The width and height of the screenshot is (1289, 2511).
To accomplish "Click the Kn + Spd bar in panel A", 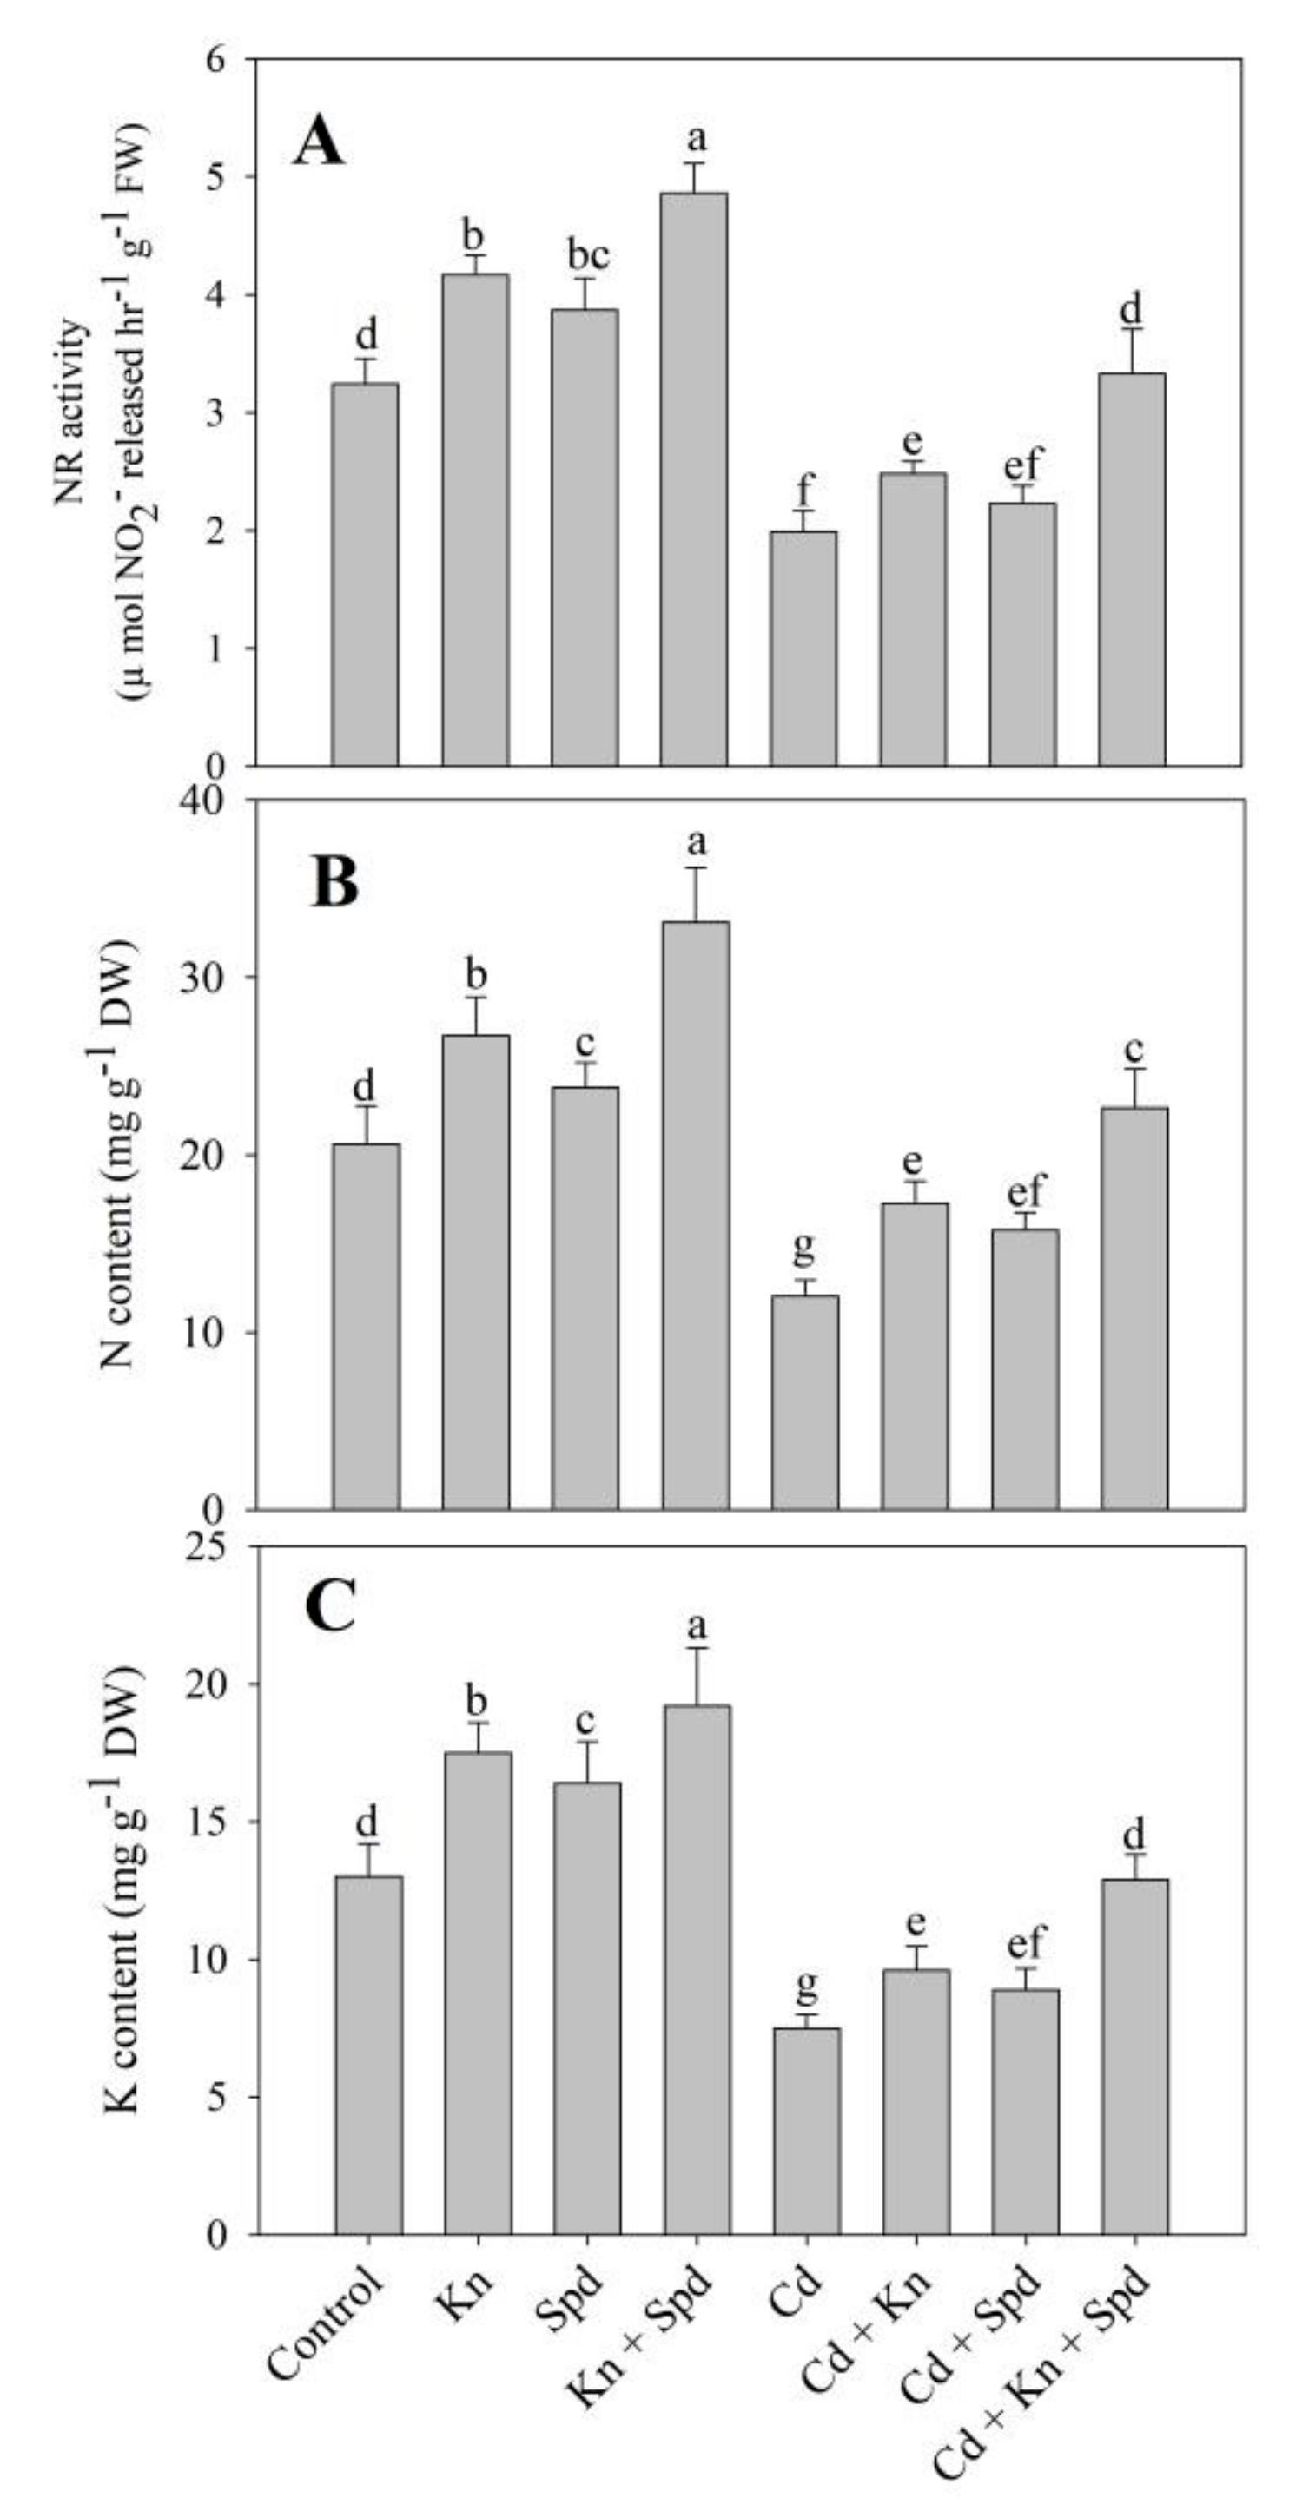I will tap(693, 478).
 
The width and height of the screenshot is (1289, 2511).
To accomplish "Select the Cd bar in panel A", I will tap(803, 649).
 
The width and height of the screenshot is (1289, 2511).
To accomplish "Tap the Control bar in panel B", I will tap(366, 1327).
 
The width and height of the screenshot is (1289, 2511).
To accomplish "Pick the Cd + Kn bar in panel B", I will tap(915, 1356).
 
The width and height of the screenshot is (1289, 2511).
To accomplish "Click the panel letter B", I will tap(334, 882).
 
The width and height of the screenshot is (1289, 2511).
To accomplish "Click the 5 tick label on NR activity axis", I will tap(215, 177).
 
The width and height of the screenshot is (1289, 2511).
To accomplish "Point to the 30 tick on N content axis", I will tap(202, 978).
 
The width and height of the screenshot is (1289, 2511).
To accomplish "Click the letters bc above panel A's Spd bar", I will tap(587, 256).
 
